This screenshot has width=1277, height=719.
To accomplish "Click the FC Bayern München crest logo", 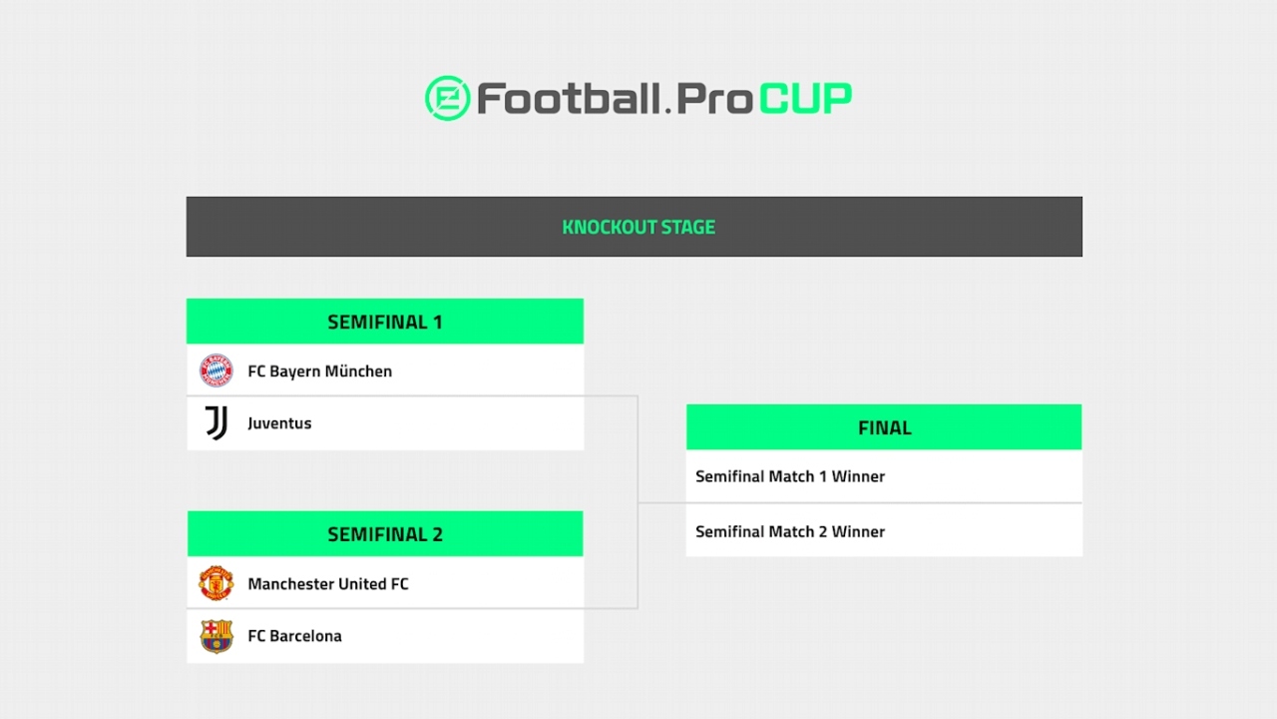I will [215, 370].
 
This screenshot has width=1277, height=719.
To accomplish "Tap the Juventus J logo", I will [215, 423].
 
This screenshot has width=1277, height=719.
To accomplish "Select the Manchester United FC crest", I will [215, 583].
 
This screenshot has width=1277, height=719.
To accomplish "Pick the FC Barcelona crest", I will [215, 636].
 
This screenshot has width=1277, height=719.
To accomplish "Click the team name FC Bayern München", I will [319, 371].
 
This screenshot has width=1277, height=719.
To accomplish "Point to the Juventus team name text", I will [279, 423].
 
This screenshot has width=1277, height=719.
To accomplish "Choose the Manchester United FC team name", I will [327, 584].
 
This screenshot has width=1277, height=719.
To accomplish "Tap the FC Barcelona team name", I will [294, 636].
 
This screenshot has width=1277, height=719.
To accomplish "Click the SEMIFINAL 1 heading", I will [384, 322].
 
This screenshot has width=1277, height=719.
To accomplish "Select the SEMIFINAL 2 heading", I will [384, 534].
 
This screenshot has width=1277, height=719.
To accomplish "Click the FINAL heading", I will [884, 427].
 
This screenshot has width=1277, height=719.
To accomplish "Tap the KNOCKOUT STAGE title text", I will [638, 227].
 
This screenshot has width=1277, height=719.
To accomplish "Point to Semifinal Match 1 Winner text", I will [789, 476].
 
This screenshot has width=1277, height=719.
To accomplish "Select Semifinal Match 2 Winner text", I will [789, 531].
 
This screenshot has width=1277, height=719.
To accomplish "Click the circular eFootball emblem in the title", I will [447, 98].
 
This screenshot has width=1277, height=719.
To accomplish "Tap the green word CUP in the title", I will [805, 98].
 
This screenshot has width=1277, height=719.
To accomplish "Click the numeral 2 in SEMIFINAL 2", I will [436, 534].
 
